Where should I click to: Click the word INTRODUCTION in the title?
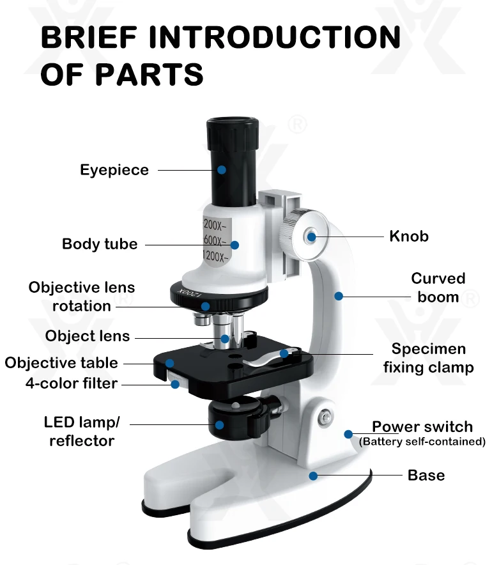(x=275, y=38)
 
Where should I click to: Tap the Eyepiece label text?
(x=114, y=170)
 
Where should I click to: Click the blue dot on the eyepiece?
(x=221, y=170)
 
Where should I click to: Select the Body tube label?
(x=100, y=244)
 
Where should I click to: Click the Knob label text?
(x=409, y=236)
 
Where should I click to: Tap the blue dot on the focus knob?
(x=311, y=236)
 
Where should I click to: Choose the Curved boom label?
(x=438, y=288)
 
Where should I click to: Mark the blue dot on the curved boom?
(x=339, y=296)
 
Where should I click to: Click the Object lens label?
(x=88, y=336)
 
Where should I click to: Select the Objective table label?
(x=61, y=363)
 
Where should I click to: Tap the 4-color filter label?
(x=72, y=383)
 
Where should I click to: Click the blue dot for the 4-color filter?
(x=174, y=384)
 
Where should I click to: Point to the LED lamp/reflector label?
(x=82, y=431)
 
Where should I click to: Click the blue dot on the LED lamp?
(x=219, y=424)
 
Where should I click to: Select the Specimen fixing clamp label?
(x=429, y=358)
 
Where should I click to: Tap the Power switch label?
(x=422, y=426)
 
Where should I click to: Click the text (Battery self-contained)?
(x=422, y=442)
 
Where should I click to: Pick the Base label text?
(x=426, y=476)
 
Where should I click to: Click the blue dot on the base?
(x=313, y=476)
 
